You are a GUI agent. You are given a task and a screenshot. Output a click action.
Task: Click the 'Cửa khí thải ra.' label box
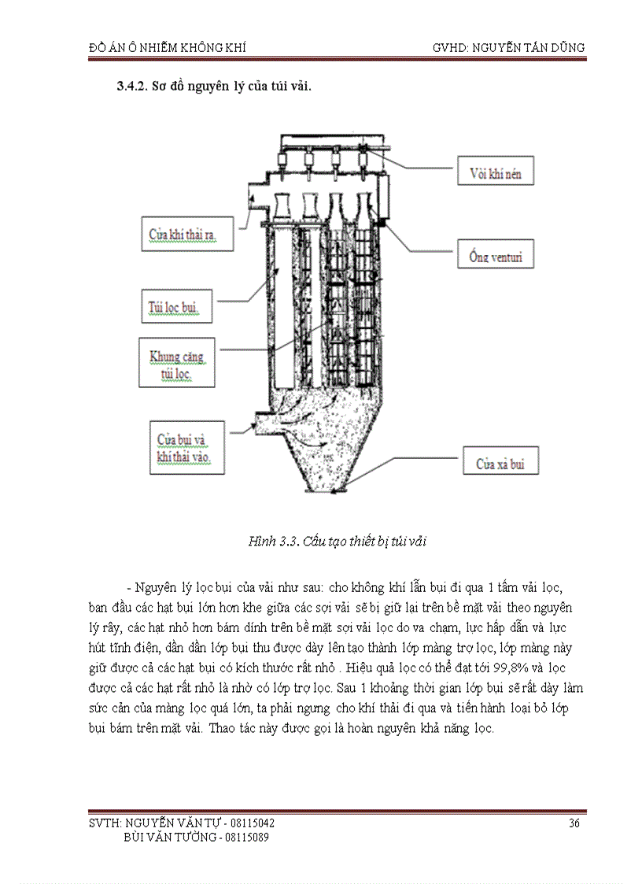[x=189, y=235]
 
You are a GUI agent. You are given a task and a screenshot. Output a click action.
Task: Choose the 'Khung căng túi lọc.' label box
[x=177, y=362]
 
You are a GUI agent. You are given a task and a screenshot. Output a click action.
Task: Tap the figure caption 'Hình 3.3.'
[x=270, y=541]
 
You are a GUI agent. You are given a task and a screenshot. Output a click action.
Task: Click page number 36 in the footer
[x=574, y=823]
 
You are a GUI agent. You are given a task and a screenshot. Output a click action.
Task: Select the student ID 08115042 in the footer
[x=253, y=823]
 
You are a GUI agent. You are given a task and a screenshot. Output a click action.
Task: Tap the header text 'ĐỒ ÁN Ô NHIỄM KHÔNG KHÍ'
[x=168, y=47]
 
